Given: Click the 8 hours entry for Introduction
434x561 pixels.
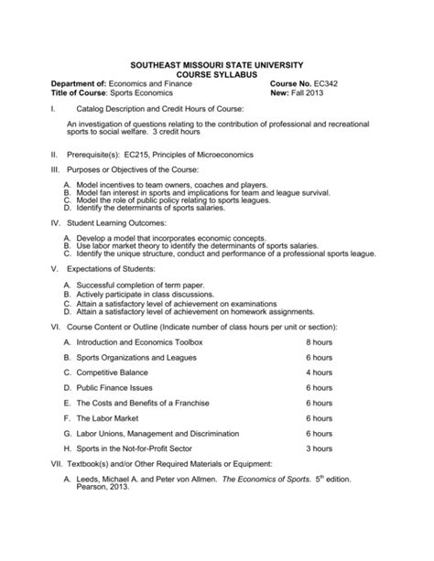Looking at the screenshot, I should coord(319,341).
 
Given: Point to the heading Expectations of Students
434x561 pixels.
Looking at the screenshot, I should coord(112,269).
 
